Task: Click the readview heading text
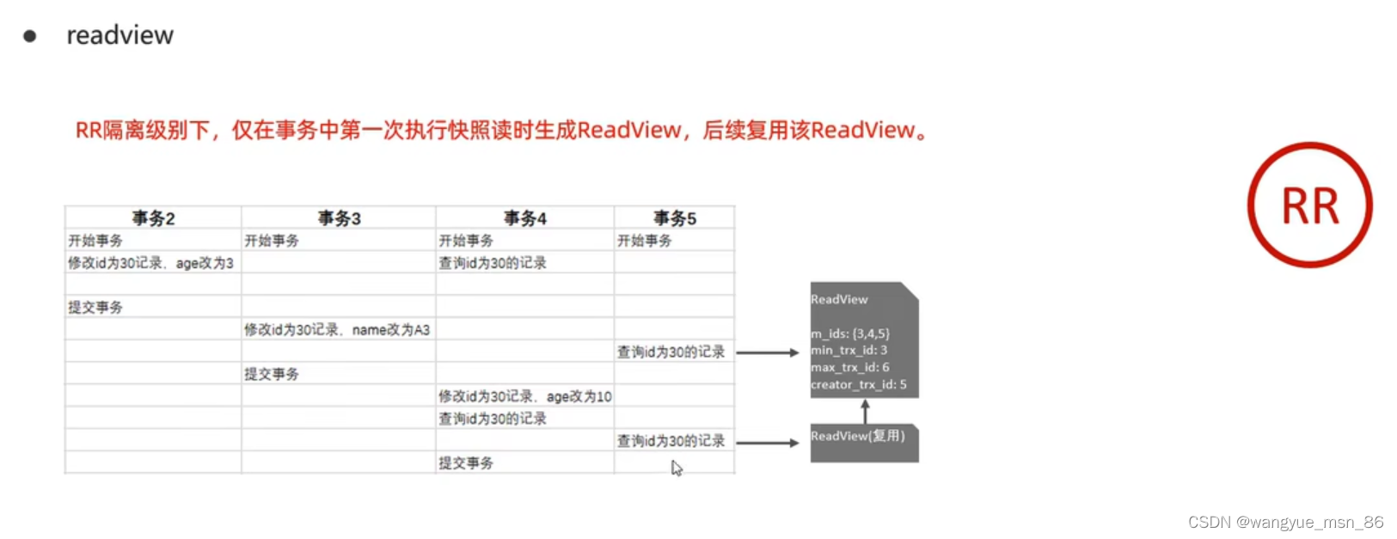(119, 35)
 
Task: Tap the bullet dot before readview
(30, 36)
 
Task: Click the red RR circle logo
(1309, 205)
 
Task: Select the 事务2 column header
(153, 218)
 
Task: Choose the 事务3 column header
(339, 218)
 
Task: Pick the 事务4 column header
(524, 218)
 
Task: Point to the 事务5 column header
(674, 218)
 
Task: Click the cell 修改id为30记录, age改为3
(150, 263)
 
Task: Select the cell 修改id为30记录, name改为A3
(337, 330)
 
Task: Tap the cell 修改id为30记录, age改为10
(524, 396)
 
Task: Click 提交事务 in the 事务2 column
(95, 308)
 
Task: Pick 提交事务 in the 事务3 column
(272, 375)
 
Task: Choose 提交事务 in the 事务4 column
(466, 463)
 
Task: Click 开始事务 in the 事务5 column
(644, 241)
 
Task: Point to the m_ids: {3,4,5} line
(850, 334)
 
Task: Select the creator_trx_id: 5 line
(858, 384)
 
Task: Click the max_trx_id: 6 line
(849, 367)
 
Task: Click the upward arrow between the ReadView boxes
(865, 410)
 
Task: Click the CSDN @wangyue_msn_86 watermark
(1285, 522)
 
